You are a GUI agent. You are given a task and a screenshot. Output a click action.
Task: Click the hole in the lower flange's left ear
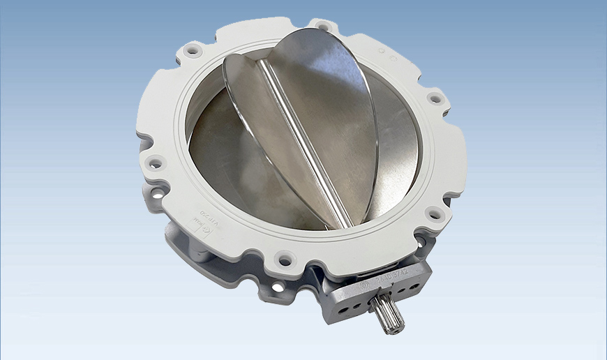coord(158,193)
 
